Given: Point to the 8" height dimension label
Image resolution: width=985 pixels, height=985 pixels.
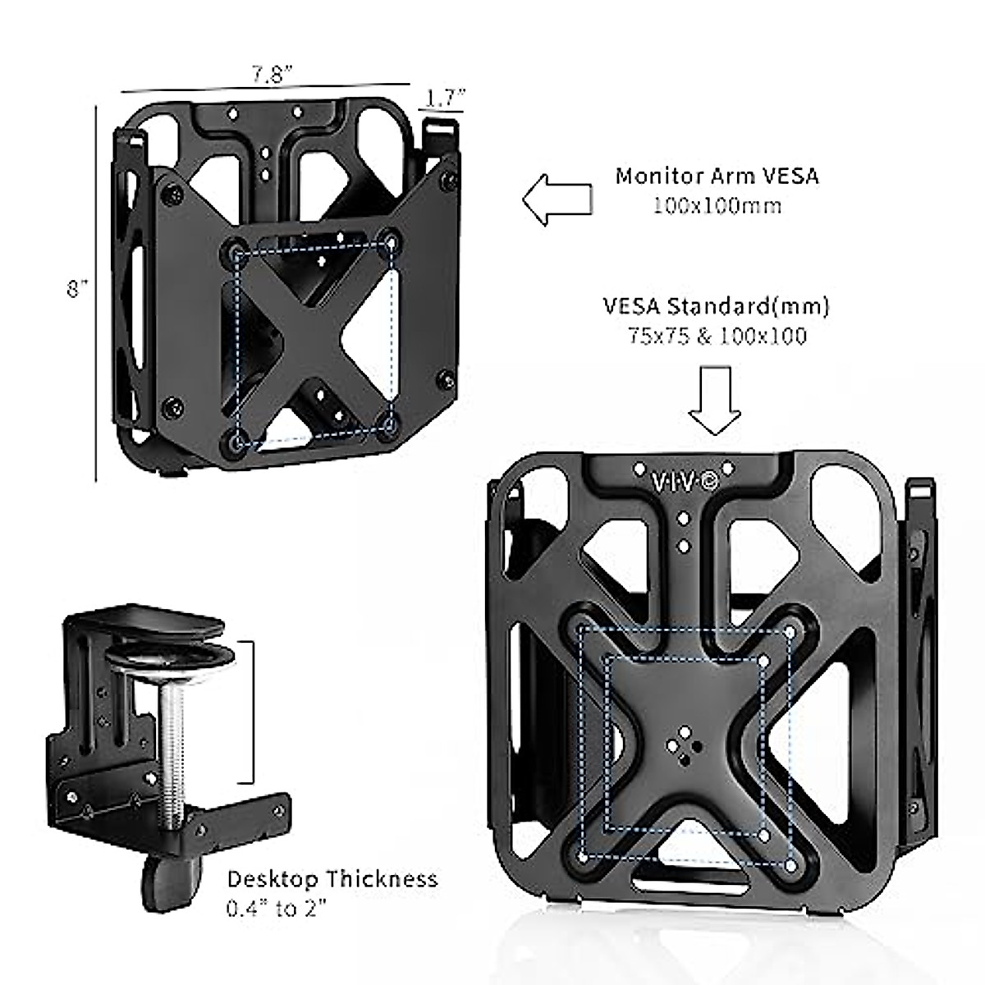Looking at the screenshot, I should pyautogui.click(x=77, y=289).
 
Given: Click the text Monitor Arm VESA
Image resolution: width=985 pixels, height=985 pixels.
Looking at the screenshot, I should pyautogui.click(x=717, y=176).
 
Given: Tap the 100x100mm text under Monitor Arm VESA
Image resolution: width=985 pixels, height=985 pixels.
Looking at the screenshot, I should pyautogui.click(x=717, y=205).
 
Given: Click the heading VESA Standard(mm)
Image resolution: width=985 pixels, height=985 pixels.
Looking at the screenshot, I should pyautogui.click(x=716, y=307).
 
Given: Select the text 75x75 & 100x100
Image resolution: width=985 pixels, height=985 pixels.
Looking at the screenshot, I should pyautogui.click(x=716, y=336).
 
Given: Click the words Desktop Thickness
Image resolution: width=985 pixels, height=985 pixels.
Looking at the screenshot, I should pyautogui.click(x=332, y=879).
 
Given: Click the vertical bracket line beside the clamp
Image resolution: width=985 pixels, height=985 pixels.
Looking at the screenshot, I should pyautogui.click(x=250, y=712).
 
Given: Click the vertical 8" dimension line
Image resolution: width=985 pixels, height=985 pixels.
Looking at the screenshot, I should pyautogui.click(x=97, y=291).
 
